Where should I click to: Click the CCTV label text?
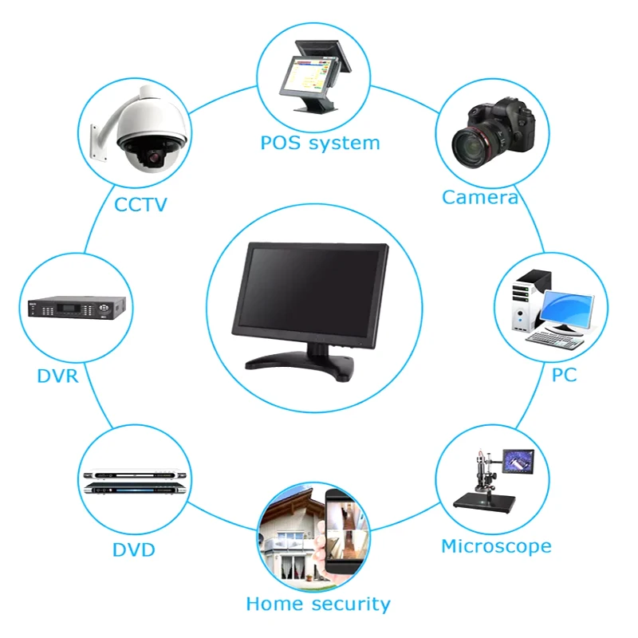(x=140, y=204)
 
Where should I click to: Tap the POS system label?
(x=320, y=144)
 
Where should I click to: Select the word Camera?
(x=480, y=197)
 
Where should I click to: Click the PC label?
(x=564, y=374)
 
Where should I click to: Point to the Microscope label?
(x=496, y=546)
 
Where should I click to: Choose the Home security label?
(x=318, y=604)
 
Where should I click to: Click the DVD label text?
(x=133, y=550)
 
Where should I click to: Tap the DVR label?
(x=57, y=376)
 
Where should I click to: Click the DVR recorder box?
(x=77, y=307)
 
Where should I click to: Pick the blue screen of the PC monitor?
(x=568, y=308)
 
